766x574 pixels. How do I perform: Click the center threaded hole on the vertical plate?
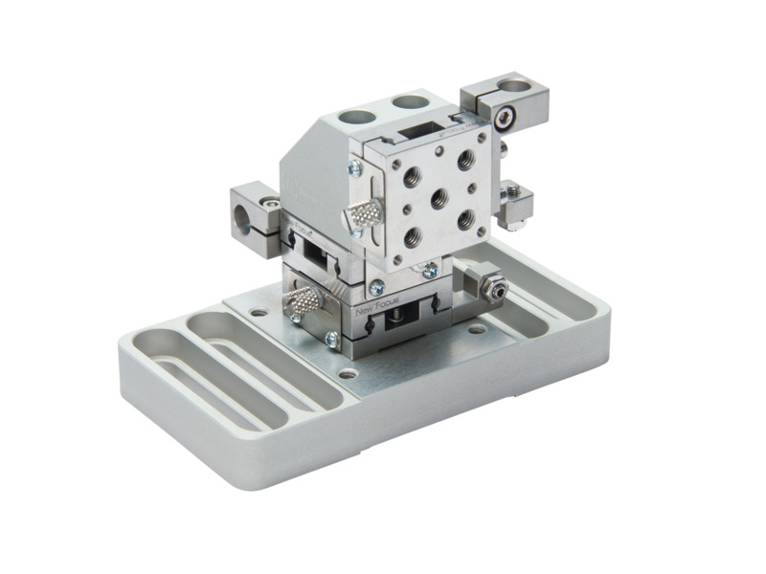[439, 199]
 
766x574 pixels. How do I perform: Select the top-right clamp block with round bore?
[505, 104]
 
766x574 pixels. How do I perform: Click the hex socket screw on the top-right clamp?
[504, 118]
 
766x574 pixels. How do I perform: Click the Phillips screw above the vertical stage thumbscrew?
[354, 168]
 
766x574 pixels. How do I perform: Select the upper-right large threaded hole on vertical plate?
[465, 159]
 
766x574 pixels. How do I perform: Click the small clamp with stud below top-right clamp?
[515, 203]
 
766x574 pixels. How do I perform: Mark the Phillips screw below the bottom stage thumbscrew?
[331, 338]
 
